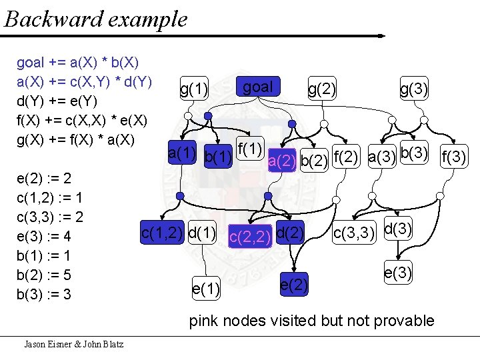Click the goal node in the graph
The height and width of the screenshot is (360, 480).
point(258,87)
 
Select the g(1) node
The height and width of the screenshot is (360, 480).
point(194,89)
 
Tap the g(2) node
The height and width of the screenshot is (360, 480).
point(322,89)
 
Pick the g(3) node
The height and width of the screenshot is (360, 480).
point(414,89)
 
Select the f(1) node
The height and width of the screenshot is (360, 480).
point(250,146)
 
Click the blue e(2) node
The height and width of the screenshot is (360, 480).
point(294,285)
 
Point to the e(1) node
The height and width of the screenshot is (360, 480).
point(206,289)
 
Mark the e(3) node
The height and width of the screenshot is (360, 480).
point(398,273)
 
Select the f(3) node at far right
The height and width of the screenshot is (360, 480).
point(455,158)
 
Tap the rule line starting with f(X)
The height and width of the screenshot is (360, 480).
point(82,121)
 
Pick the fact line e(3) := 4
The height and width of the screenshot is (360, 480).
point(44,237)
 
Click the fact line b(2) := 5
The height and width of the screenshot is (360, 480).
point(44,275)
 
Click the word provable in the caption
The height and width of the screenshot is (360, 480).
point(403,321)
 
